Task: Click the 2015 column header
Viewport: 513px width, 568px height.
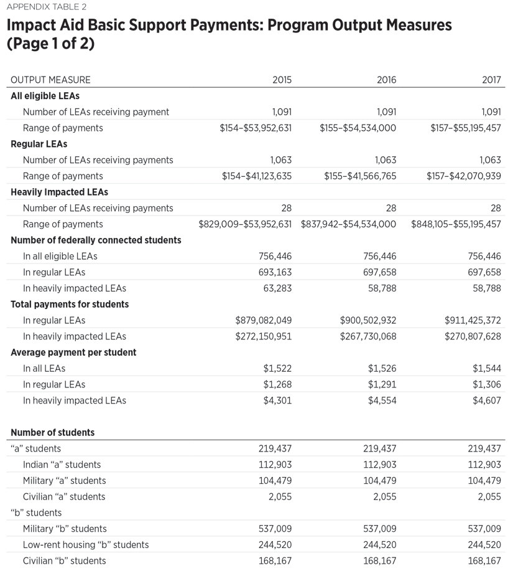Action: click(x=282, y=80)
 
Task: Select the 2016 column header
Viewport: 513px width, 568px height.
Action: click(x=386, y=80)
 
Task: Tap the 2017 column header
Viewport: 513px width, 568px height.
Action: click(x=491, y=80)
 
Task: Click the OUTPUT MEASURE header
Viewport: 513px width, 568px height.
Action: click(x=50, y=80)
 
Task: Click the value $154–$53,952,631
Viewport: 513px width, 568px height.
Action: click(x=256, y=128)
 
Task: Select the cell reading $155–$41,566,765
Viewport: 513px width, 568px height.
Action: click(x=360, y=176)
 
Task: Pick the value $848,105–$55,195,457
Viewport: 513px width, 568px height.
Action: click(x=456, y=224)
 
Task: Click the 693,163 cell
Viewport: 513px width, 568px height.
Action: click(x=275, y=272)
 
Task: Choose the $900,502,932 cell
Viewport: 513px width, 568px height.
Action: click(x=368, y=320)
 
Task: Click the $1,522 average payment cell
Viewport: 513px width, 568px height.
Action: click(x=277, y=368)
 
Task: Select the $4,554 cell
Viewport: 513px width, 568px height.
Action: click(x=382, y=400)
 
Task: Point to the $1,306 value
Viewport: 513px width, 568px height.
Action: click(x=487, y=384)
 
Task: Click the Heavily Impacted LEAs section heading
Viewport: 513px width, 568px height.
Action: click(x=59, y=192)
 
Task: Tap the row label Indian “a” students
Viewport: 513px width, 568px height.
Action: click(x=62, y=465)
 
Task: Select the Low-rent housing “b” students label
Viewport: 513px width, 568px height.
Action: click(x=86, y=544)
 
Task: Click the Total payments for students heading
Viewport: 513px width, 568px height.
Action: click(x=70, y=304)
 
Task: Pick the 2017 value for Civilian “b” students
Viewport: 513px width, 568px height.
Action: click(x=484, y=561)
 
